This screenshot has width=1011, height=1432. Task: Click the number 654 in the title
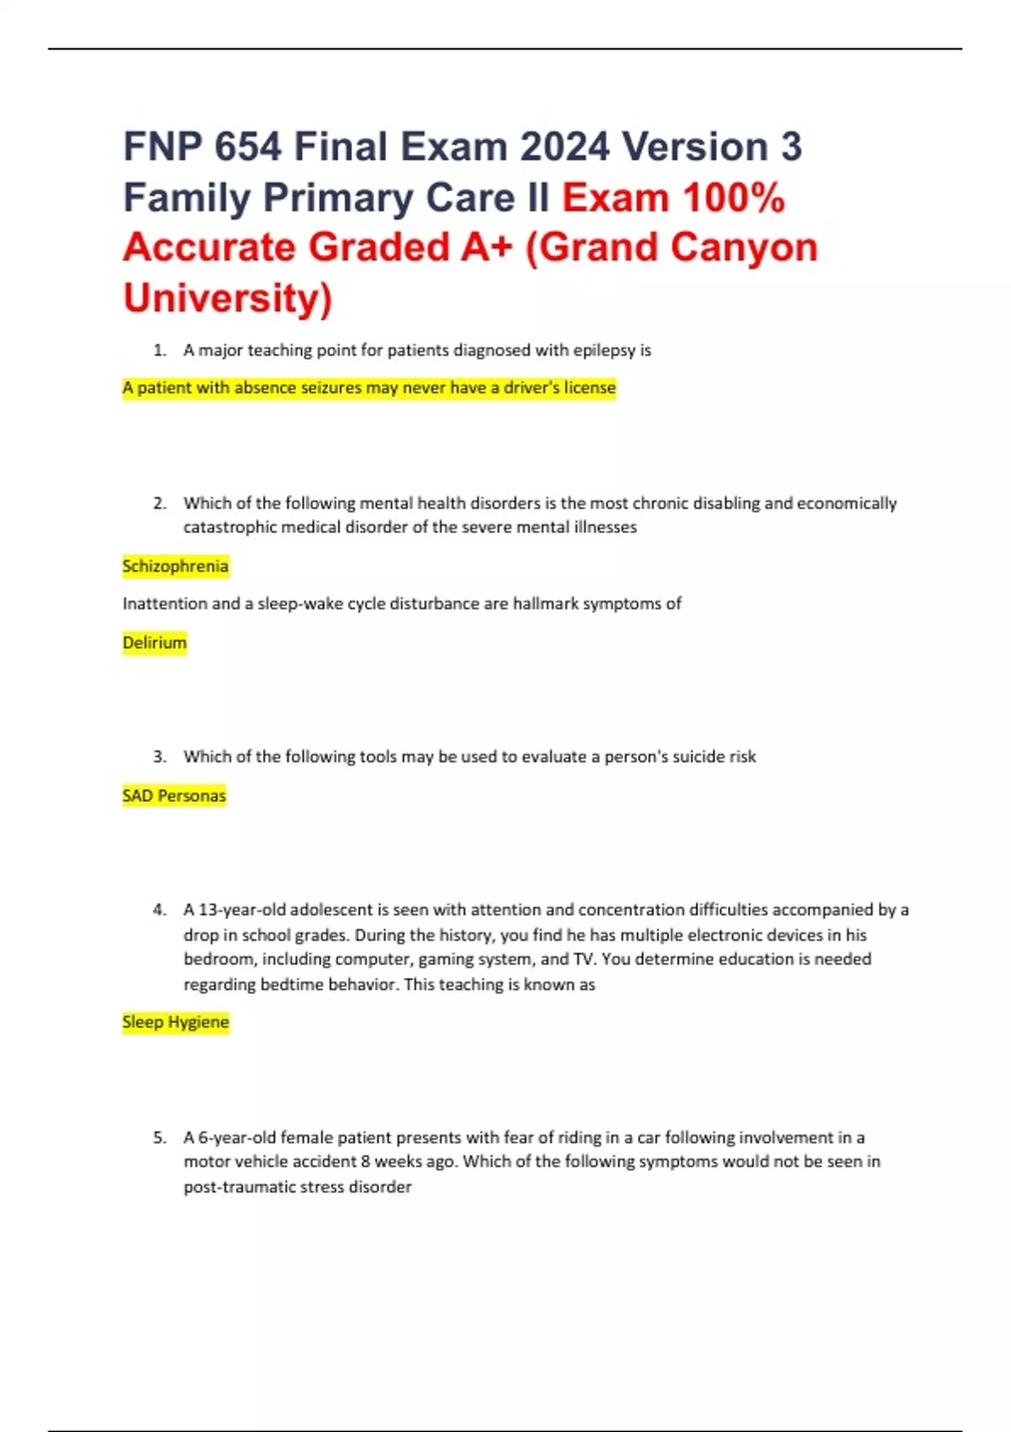pyautogui.click(x=247, y=147)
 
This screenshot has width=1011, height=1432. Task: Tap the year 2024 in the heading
pyautogui.click(x=564, y=147)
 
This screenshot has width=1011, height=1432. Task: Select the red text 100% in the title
pyautogui.click(x=734, y=198)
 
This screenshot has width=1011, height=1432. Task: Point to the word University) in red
pyautogui.click(x=227, y=298)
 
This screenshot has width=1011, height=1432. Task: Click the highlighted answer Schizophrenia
pyautogui.click(x=175, y=566)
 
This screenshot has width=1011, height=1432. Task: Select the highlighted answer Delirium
pyautogui.click(x=154, y=643)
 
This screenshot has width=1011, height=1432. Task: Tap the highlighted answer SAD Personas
pyautogui.click(x=174, y=796)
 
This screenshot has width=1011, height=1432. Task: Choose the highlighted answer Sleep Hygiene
pyautogui.click(x=175, y=1023)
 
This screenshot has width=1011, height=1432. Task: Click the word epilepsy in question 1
pyautogui.click(x=604, y=350)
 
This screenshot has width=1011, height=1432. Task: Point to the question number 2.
pyautogui.click(x=159, y=504)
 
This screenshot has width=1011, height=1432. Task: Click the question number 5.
pyautogui.click(x=159, y=1138)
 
